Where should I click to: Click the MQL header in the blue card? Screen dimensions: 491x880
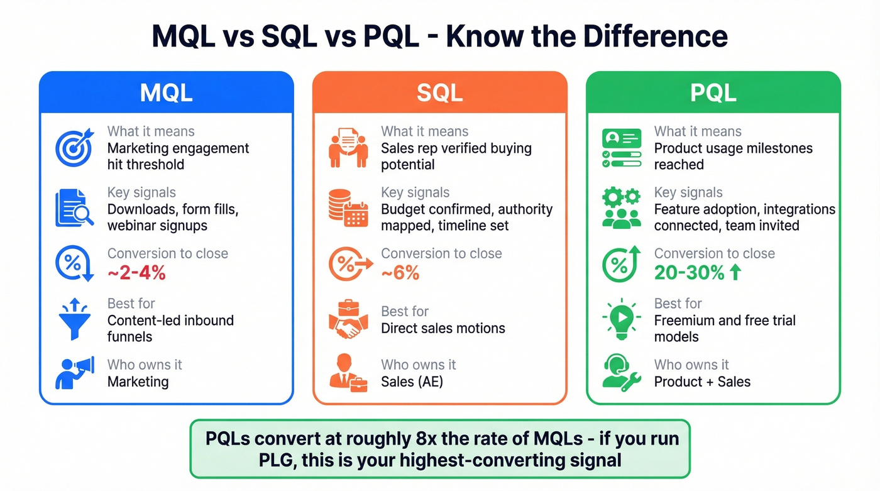click(166, 92)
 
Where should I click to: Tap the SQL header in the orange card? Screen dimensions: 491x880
click(439, 92)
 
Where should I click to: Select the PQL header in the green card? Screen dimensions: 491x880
click(713, 92)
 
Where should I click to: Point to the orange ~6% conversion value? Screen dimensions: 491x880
click(400, 273)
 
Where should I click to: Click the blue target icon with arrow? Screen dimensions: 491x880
click(74, 147)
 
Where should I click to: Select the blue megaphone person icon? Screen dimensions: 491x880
click(74, 373)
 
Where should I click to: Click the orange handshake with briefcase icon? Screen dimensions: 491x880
click(348, 319)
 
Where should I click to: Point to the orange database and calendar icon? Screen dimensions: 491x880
click(348, 209)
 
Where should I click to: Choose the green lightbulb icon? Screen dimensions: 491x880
click(621, 319)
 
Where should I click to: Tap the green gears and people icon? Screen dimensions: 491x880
click(621, 208)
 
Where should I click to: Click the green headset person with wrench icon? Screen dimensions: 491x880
click(621, 373)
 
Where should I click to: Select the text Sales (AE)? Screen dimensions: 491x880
click(412, 382)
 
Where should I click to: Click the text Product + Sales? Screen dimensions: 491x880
click(702, 382)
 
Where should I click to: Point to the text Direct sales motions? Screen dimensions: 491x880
click(443, 328)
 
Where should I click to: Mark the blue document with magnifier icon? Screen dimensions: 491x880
click(74, 208)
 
